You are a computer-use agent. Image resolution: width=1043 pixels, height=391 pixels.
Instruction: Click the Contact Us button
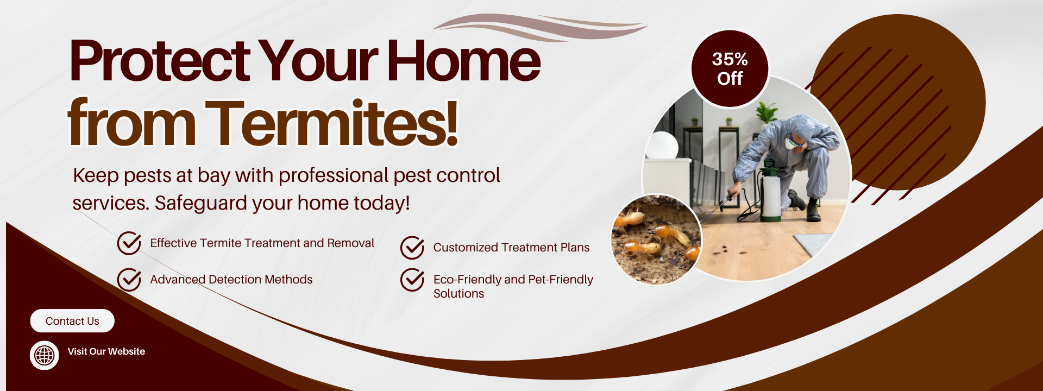point(72,321)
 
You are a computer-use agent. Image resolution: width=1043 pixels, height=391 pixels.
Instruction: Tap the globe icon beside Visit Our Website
point(45,356)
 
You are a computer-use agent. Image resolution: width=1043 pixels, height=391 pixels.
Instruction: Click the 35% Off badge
point(730,68)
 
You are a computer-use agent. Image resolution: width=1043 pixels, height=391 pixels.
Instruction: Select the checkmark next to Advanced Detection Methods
point(129,280)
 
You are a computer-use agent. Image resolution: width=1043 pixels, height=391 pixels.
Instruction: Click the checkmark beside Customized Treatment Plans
point(412,248)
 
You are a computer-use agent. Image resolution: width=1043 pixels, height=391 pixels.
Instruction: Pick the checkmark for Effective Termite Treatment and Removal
point(129,243)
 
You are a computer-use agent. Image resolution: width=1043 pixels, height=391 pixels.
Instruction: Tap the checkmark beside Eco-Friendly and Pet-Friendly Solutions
point(412,280)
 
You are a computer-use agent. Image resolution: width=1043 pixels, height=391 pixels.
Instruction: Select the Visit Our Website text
point(106,351)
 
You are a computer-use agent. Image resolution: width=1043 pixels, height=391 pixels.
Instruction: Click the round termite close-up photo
point(656,239)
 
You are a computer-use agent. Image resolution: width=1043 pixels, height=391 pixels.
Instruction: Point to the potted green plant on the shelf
point(766,112)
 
